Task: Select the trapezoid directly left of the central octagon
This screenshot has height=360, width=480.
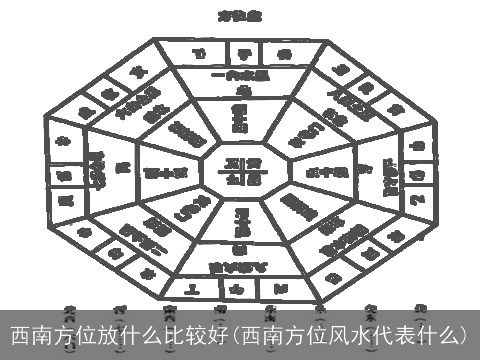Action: pos(170,171)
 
